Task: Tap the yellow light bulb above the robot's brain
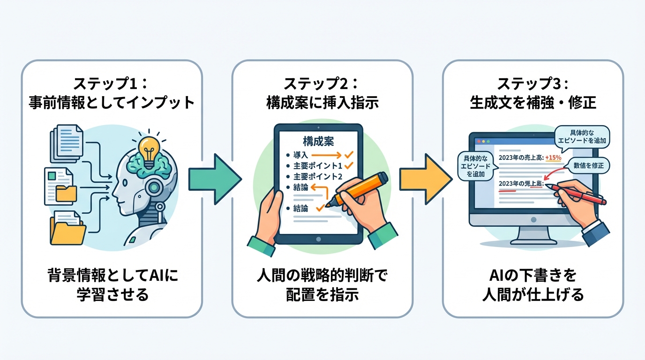(149, 150)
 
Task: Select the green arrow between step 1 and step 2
(214, 179)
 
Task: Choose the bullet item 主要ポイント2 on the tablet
(318, 177)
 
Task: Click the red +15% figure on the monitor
(554, 157)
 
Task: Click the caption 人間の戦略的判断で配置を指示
(322, 285)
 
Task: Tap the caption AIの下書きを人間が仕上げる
(533, 285)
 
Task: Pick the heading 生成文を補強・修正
(533, 103)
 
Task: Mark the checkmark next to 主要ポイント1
(348, 165)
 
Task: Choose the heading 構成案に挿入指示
(322, 103)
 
